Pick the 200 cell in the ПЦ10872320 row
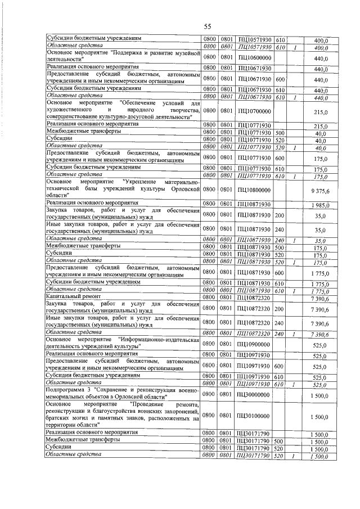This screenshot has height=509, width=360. coord(280,308)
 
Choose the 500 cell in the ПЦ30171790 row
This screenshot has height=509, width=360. coord(280,442)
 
